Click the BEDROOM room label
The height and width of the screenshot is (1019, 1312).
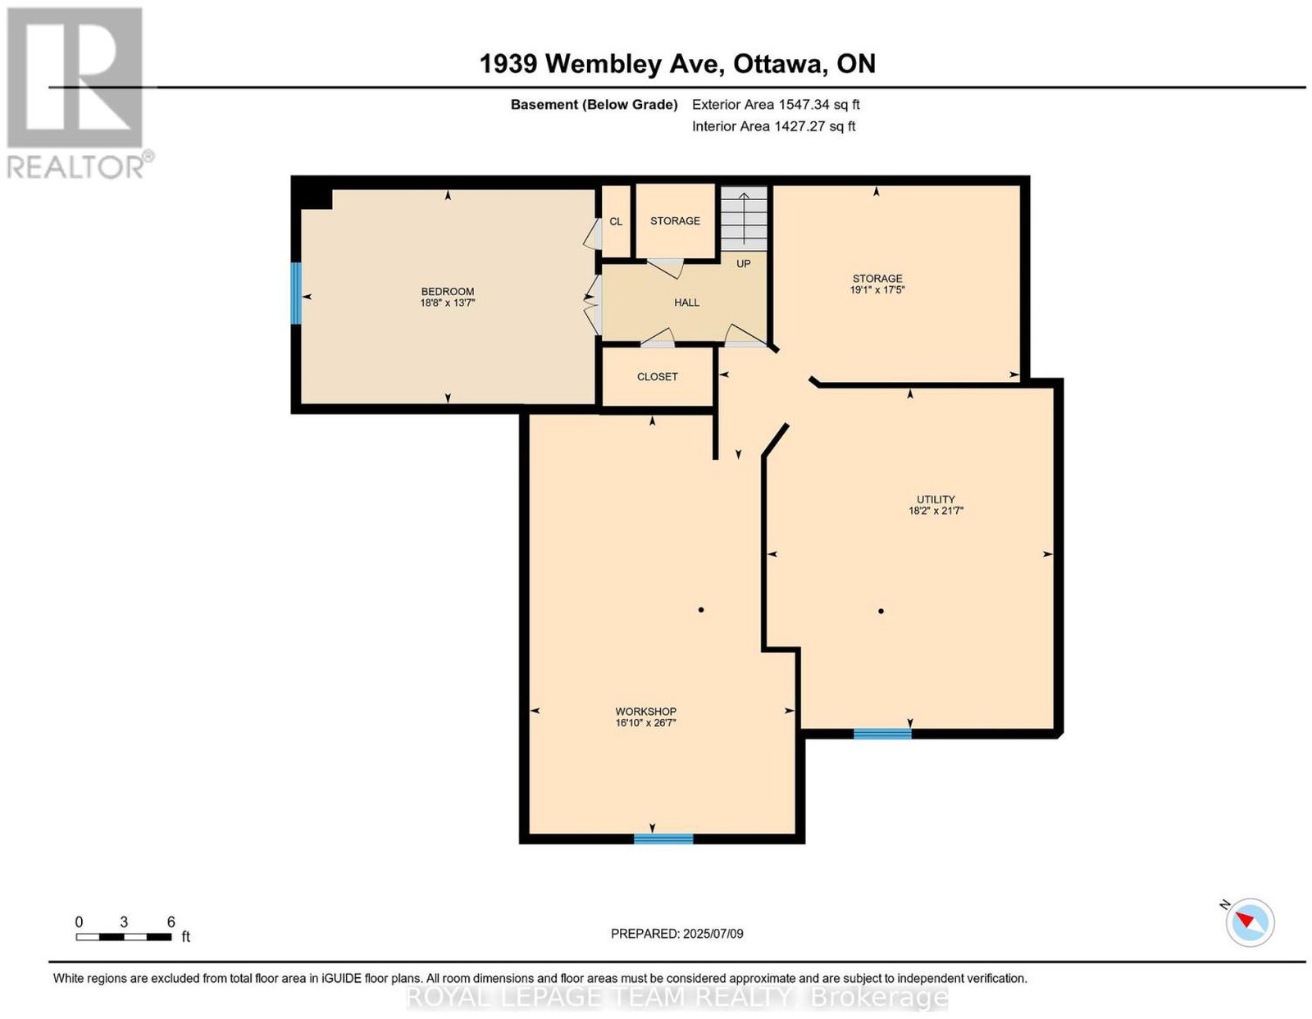(x=448, y=291)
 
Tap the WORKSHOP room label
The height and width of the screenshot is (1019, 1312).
(x=645, y=712)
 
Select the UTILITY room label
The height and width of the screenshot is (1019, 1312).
(x=936, y=499)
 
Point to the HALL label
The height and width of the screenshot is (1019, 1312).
(x=686, y=303)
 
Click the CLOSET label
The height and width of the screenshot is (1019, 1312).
(x=657, y=376)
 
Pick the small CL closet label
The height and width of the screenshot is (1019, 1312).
(x=615, y=221)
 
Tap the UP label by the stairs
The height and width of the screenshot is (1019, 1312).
(x=743, y=264)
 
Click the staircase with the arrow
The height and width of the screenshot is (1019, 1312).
(x=744, y=218)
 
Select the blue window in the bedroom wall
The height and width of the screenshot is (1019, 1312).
(x=296, y=293)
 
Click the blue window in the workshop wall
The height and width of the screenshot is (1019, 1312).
(x=663, y=838)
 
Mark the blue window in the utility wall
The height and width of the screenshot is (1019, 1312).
(x=882, y=734)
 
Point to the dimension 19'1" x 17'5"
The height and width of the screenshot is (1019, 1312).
(x=877, y=289)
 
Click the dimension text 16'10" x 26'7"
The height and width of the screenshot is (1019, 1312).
(x=645, y=722)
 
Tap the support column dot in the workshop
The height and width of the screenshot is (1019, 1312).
(x=701, y=610)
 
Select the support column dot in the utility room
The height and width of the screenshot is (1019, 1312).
(x=881, y=612)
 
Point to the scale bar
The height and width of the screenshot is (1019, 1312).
(x=124, y=937)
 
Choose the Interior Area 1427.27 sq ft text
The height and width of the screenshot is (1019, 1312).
(x=773, y=126)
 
